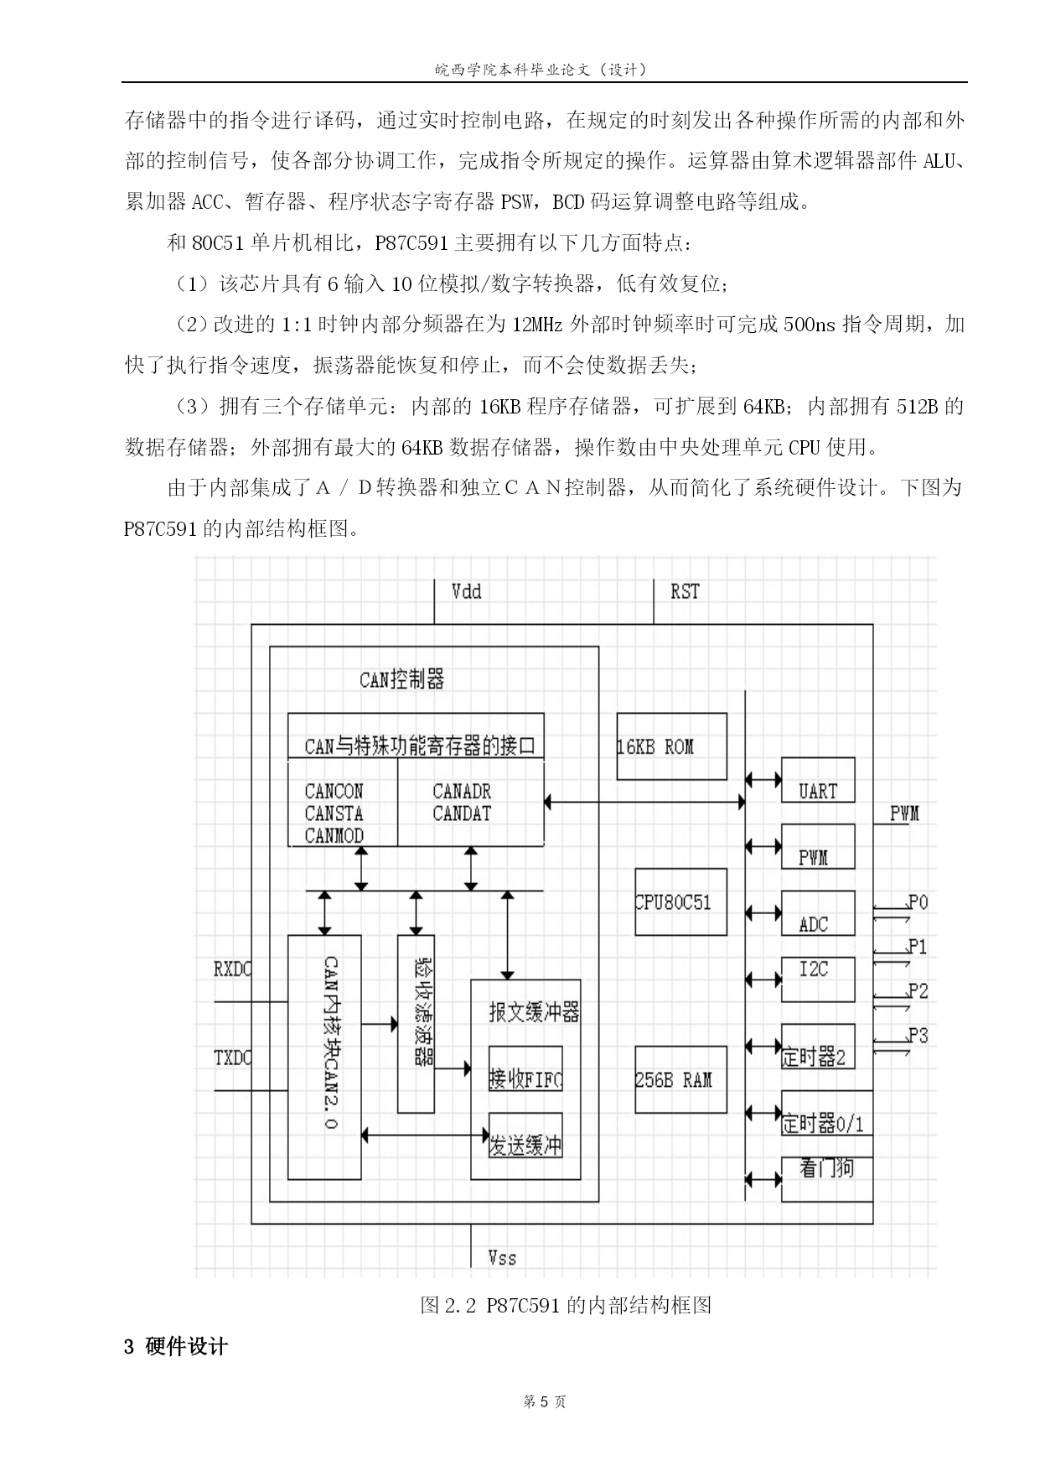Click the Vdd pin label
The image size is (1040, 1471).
pos(467,592)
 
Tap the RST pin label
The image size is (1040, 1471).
pos(685,592)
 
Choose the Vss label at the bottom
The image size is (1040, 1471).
pos(503,1257)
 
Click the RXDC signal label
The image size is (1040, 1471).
pos(232,969)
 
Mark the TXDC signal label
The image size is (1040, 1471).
pos(232,1058)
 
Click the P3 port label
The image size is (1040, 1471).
pos(918,1036)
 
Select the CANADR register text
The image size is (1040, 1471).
pos(462,791)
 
